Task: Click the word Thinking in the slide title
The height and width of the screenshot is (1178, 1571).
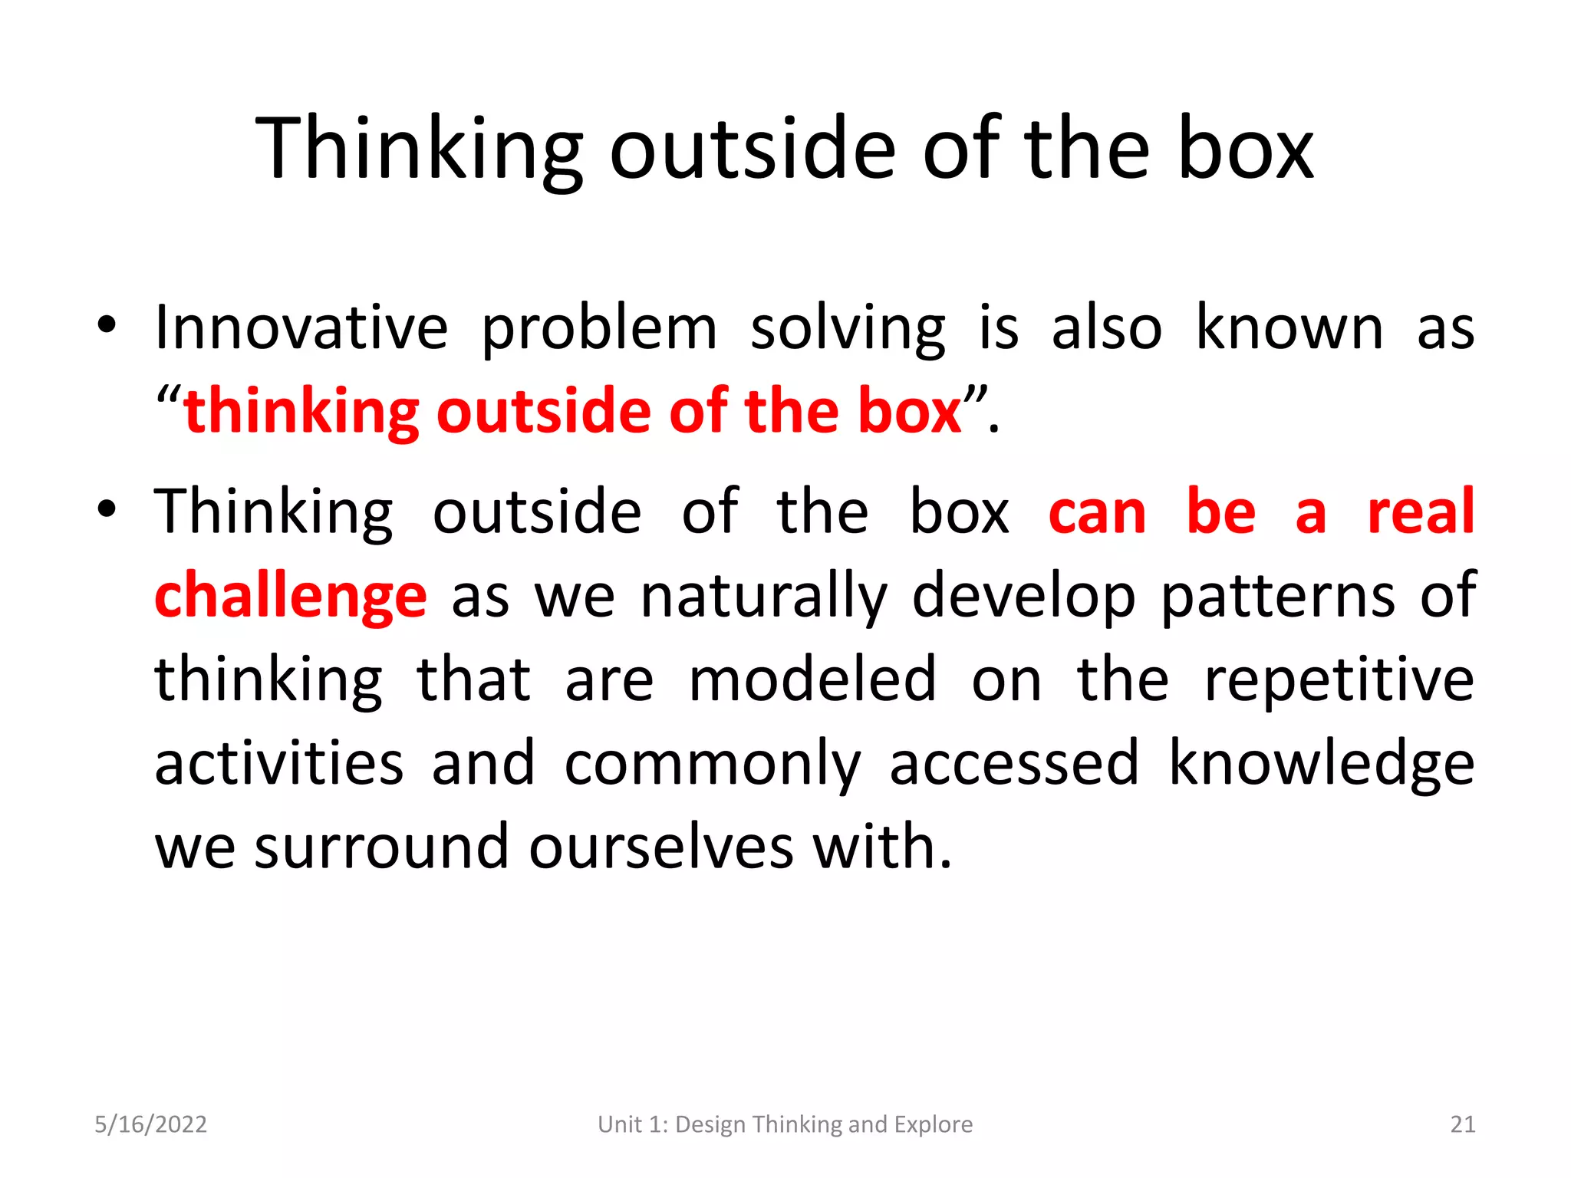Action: (x=419, y=150)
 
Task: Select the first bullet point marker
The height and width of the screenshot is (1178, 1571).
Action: (x=107, y=324)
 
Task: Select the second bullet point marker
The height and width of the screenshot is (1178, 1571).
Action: (x=107, y=508)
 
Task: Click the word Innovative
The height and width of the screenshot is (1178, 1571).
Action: (x=301, y=328)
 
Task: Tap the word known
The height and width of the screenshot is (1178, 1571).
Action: (x=1289, y=328)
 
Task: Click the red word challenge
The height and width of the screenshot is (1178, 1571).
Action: (x=290, y=597)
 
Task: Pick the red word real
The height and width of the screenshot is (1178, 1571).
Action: (x=1421, y=512)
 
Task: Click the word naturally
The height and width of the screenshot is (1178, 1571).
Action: (x=763, y=597)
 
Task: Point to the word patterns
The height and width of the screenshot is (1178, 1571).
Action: (x=1277, y=597)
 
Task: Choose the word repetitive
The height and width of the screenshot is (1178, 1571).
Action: (x=1339, y=681)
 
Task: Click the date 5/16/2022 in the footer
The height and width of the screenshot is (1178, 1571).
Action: (x=150, y=1124)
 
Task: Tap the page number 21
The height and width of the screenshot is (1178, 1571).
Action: (x=1463, y=1124)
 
